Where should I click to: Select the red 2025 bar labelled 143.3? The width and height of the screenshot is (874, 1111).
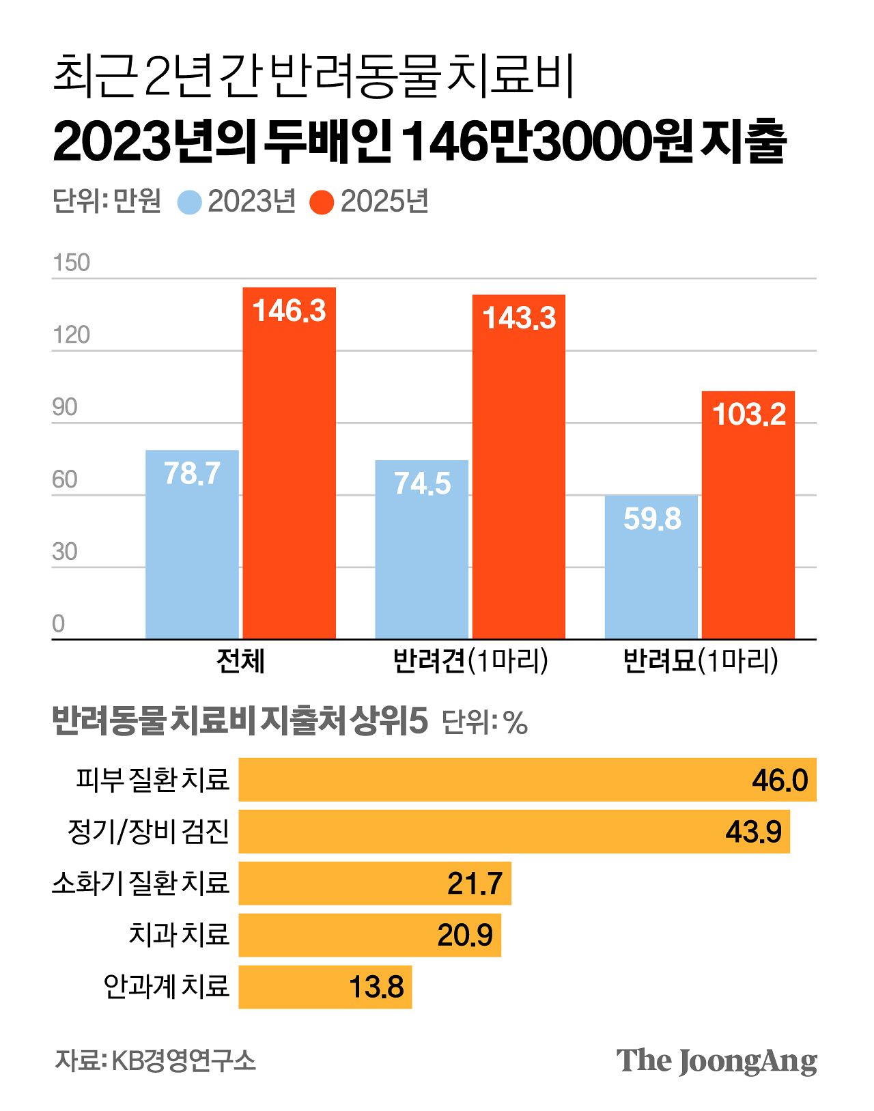519,478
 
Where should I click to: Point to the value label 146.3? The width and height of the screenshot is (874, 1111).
289,311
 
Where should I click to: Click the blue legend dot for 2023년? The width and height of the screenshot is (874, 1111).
189,202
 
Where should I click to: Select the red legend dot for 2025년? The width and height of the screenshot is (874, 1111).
322,202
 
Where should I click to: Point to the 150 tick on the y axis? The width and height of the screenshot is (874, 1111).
71,263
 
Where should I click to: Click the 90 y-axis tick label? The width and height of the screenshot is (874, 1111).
65,408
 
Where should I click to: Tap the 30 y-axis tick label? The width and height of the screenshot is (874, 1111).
65,552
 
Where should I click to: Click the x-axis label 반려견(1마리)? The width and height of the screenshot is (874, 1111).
470,661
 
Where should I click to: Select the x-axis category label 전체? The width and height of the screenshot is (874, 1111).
240,661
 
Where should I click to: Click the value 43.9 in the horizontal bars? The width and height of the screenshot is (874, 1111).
753,832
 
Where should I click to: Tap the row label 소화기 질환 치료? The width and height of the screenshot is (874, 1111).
141,883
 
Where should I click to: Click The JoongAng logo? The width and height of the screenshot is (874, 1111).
716,1061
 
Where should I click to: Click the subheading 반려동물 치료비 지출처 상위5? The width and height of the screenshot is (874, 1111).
240,721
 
